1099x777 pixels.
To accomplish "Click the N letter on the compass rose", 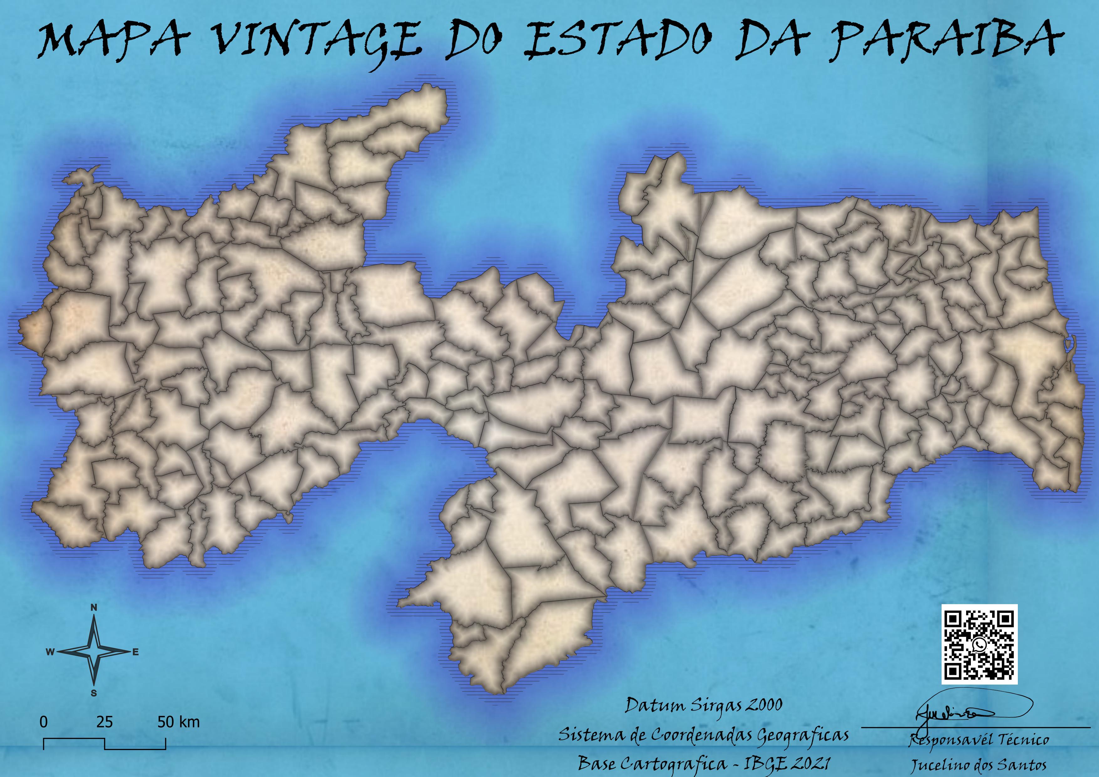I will (x=94, y=608).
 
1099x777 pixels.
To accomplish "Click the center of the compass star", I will (x=94, y=651).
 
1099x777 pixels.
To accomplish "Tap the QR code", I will (x=979, y=644).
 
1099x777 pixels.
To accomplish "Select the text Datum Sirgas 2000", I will (x=704, y=705).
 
